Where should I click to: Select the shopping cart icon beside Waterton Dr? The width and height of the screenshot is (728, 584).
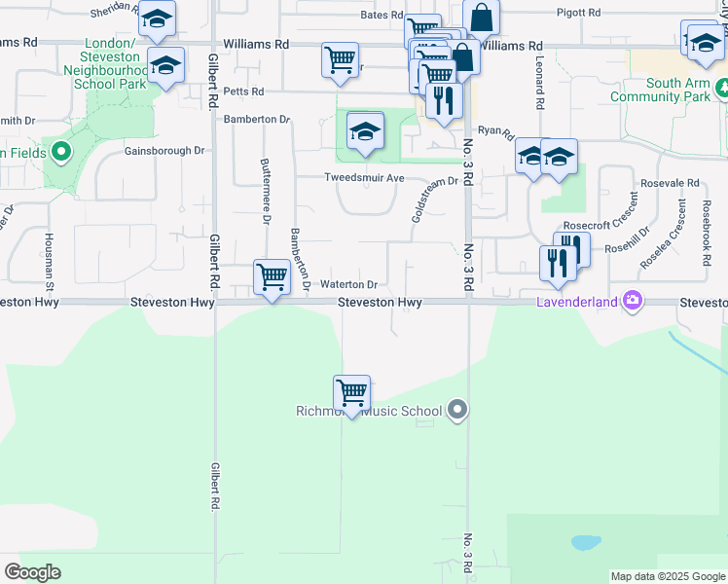[x=272, y=277]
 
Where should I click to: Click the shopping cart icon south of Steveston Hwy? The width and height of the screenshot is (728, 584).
[x=351, y=393]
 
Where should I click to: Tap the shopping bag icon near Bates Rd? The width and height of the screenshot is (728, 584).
[x=482, y=18]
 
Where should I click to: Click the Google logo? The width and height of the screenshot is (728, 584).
[x=32, y=572]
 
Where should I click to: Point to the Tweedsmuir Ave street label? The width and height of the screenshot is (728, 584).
[x=364, y=178]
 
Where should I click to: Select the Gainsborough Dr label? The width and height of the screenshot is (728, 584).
[x=164, y=151]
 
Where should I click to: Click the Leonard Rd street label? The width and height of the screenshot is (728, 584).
[x=537, y=82]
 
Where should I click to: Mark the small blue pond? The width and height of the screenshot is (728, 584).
[x=585, y=542]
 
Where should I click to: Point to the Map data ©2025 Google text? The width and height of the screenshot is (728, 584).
[x=668, y=576]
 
